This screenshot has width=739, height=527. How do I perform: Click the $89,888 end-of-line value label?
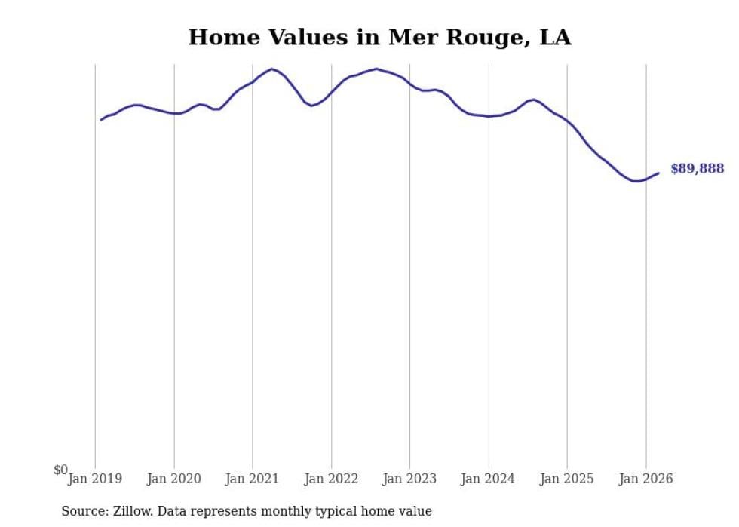pos(697,169)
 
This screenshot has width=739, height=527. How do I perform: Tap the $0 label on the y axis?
pos(60,470)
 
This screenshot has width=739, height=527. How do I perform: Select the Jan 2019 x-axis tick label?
pos(95,478)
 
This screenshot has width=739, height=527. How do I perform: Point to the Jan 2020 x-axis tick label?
pos(174,478)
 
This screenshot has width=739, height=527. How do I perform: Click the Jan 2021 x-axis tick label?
pos(253,478)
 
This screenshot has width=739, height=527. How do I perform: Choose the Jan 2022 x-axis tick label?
pos(331,478)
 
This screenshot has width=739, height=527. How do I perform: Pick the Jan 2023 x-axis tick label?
pos(410,478)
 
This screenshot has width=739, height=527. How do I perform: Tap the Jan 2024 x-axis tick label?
pos(489,478)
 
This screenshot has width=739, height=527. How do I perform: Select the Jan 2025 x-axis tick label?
pos(567,478)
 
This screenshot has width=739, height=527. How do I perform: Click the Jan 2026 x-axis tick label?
pos(646,478)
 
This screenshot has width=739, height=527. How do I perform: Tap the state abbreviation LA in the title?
pos(555,37)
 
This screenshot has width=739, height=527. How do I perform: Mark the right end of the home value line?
pos(658,173)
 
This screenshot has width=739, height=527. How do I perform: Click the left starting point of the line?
pos(101,120)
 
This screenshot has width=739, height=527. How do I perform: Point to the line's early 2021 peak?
pos(271,69)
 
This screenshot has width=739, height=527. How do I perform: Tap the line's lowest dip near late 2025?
pos(636,181)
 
